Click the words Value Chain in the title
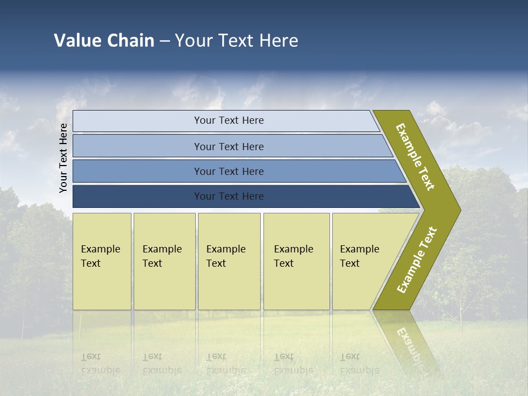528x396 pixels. (x=104, y=41)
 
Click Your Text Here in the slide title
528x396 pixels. (x=237, y=41)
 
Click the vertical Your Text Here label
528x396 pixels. (x=63, y=158)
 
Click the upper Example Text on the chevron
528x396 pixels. (x=415, y=157)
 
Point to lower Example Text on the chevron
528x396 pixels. (x=417, y=260)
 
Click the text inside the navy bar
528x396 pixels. (x=229, y=196)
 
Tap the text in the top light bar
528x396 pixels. (x=229, y=120)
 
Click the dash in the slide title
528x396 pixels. (x=164, y=41)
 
